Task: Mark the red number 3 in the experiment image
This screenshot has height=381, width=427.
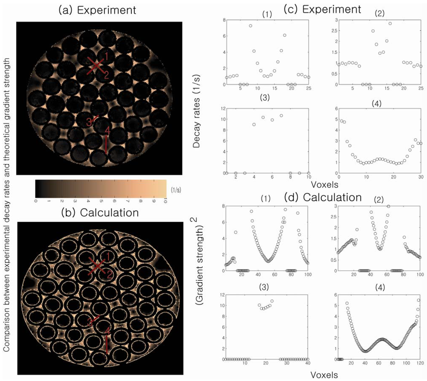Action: (x=89, y=122)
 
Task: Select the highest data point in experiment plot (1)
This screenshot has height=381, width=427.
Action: (x=251, y=25)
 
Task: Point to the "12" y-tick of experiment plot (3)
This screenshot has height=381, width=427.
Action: (x=220, y=109)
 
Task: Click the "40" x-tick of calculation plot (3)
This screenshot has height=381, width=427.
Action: (x=308, y=364)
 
